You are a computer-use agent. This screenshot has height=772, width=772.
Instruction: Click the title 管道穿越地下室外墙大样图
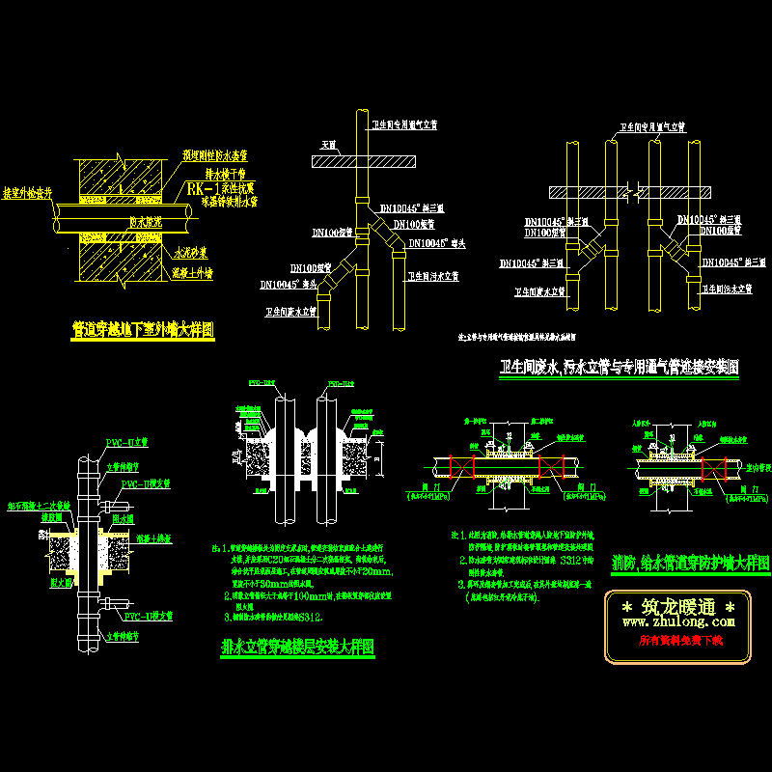(x=143, y=331)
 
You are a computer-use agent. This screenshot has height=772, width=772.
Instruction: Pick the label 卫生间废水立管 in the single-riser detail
(x=291, y=312)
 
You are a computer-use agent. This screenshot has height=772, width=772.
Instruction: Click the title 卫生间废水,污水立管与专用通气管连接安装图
(x=620, y=367)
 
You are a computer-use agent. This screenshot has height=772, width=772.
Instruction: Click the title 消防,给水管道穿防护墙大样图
(x=690, y=564)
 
